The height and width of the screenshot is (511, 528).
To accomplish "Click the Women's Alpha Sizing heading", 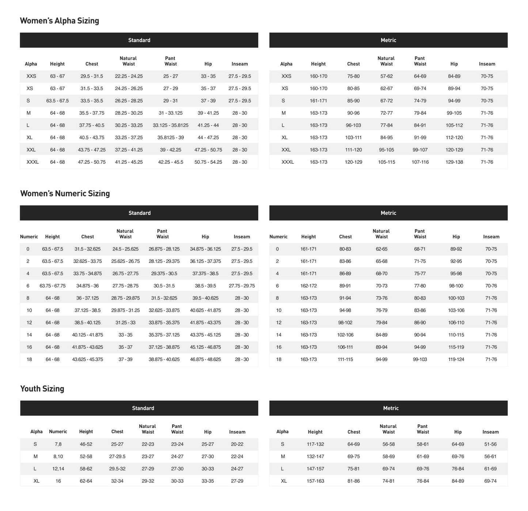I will [59, 21].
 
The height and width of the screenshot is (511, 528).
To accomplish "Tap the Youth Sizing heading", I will [42, 389].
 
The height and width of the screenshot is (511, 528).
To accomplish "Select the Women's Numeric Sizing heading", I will [65, 194].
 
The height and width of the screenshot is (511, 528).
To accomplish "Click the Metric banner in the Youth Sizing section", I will [391, 408].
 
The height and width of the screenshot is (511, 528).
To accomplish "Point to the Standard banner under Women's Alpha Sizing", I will [139, 40].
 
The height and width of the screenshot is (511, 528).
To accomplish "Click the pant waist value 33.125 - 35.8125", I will [171, 125].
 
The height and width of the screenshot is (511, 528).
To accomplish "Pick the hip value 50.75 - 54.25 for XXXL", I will [208, 162].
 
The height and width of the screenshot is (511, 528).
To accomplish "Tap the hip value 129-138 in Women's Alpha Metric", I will [454, 162].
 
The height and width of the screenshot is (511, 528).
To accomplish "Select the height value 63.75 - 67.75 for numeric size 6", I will [52, 286].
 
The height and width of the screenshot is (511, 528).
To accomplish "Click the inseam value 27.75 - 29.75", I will [242, 286].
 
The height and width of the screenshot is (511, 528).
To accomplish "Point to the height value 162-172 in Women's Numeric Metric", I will [308, 286].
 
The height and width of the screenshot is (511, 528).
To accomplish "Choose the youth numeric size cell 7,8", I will [58, 444].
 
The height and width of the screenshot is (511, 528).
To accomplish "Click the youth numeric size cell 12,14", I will [58, 469].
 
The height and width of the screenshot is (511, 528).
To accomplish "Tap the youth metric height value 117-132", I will [315, 444].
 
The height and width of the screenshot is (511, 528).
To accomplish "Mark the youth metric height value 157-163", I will [315, 481].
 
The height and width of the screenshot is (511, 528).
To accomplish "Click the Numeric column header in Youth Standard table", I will [58, 432].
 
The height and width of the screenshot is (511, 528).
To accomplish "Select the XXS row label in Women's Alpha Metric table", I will [286, 77].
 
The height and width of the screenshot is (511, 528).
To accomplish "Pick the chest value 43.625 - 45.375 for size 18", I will [87, 359].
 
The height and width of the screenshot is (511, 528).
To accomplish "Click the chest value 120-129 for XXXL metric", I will [353, 162].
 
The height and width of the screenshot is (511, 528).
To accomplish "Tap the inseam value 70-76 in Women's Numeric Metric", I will [491, 286].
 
